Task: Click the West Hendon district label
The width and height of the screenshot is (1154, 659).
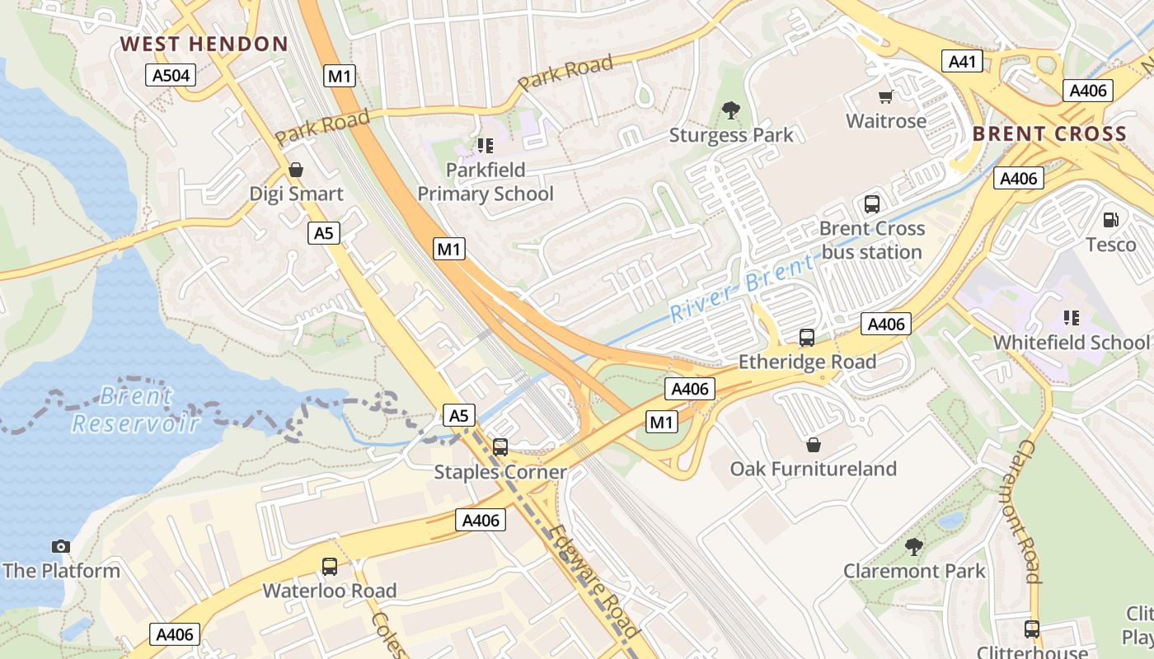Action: click(x=204, y=44)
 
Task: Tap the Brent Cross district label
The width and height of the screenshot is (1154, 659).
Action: click(x=1049, y=134)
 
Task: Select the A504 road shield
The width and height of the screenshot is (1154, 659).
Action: click(x=171, y=76)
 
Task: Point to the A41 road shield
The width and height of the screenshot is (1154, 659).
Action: click(x=963, y=62)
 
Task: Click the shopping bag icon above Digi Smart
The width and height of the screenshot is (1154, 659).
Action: click(x=296, y=171)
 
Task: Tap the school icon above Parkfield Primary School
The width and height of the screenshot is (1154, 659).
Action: click(x=485, y=147)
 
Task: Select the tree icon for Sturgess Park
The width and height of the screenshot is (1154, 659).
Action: click(x=730, y=110)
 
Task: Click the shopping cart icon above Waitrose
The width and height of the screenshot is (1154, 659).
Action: click(x=886, y=97)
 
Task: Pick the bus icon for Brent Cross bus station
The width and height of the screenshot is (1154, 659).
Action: click(x=872, y=204)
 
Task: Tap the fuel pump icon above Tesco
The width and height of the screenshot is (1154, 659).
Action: click(x=1110, y=220)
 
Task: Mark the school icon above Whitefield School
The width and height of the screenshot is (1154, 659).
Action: click(x=1071, y=318)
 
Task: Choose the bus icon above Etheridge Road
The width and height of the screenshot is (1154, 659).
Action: click(x=806, y=338)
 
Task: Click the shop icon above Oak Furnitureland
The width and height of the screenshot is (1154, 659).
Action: click(x=814, y=446)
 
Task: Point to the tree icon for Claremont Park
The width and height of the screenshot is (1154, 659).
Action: click(x=913, y=546)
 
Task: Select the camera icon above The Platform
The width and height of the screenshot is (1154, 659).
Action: click(x=60, y=547)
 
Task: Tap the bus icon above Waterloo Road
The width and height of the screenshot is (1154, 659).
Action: click(x=330, y=567)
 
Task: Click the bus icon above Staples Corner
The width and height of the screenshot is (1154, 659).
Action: click(x=500, y=447)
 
